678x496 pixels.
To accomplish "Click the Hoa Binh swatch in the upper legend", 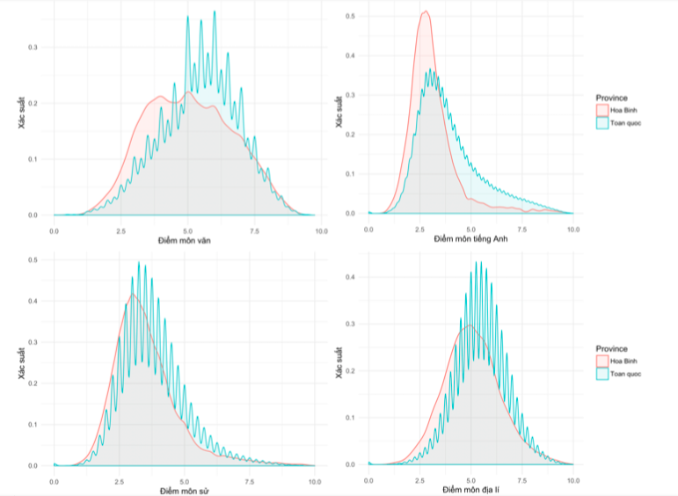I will pos(601,110).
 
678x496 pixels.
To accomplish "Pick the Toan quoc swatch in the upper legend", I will pos(601,123).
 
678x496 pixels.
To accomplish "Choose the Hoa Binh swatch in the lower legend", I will pos(601,361).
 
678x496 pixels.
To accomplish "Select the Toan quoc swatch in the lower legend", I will pos(601,374).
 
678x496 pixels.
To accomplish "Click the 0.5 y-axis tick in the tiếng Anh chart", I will pos(350,17).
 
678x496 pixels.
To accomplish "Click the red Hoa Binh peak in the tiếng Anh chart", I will pos(426,11).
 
